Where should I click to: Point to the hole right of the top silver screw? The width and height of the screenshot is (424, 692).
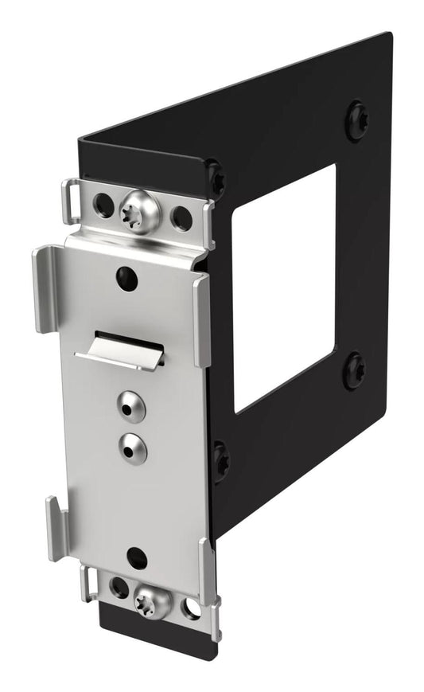point(182,217)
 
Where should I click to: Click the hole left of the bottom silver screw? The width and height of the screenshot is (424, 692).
point(119,588)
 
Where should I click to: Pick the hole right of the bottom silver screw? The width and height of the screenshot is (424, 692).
point(191,609)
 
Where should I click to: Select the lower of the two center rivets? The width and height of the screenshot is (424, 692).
point(133,449)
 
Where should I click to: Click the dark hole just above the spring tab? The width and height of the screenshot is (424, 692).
point(126,278)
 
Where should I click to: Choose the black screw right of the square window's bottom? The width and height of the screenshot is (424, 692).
point(354,370)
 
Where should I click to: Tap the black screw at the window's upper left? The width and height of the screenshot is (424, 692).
point(215,177)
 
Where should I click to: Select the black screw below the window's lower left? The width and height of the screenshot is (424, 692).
point(220,459)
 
